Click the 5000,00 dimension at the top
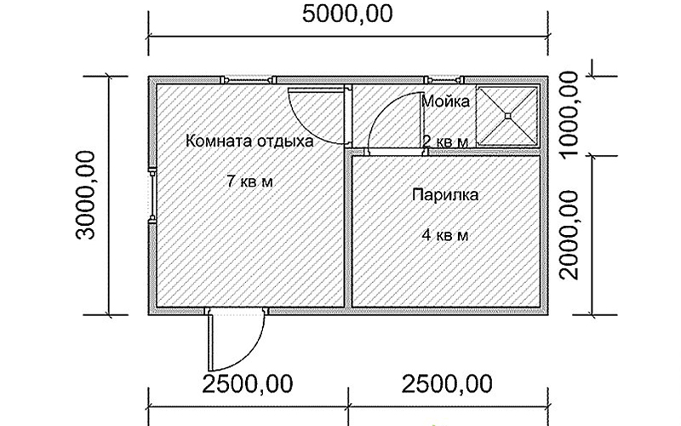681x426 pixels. [347, 14]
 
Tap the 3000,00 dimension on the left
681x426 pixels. [85, 195]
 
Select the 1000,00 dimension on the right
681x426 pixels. [569, 115]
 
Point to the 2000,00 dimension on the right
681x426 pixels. [569, 235]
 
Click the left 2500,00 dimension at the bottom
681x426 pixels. [248, 384]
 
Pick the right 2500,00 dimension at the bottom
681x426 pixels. [447, 384]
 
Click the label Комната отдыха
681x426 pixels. [249, 141]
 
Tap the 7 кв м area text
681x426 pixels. [249, 181]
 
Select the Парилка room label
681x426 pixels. [445, 194]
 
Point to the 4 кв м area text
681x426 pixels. [445, 235]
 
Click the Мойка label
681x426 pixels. [445, 101]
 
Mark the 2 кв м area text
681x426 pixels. [445, 141]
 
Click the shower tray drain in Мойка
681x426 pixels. [507, 115]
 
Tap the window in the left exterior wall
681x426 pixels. [152, 195]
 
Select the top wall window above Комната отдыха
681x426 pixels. [248, 80]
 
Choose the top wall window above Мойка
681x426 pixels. [444, 80]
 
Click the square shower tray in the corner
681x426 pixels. [507, 115]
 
